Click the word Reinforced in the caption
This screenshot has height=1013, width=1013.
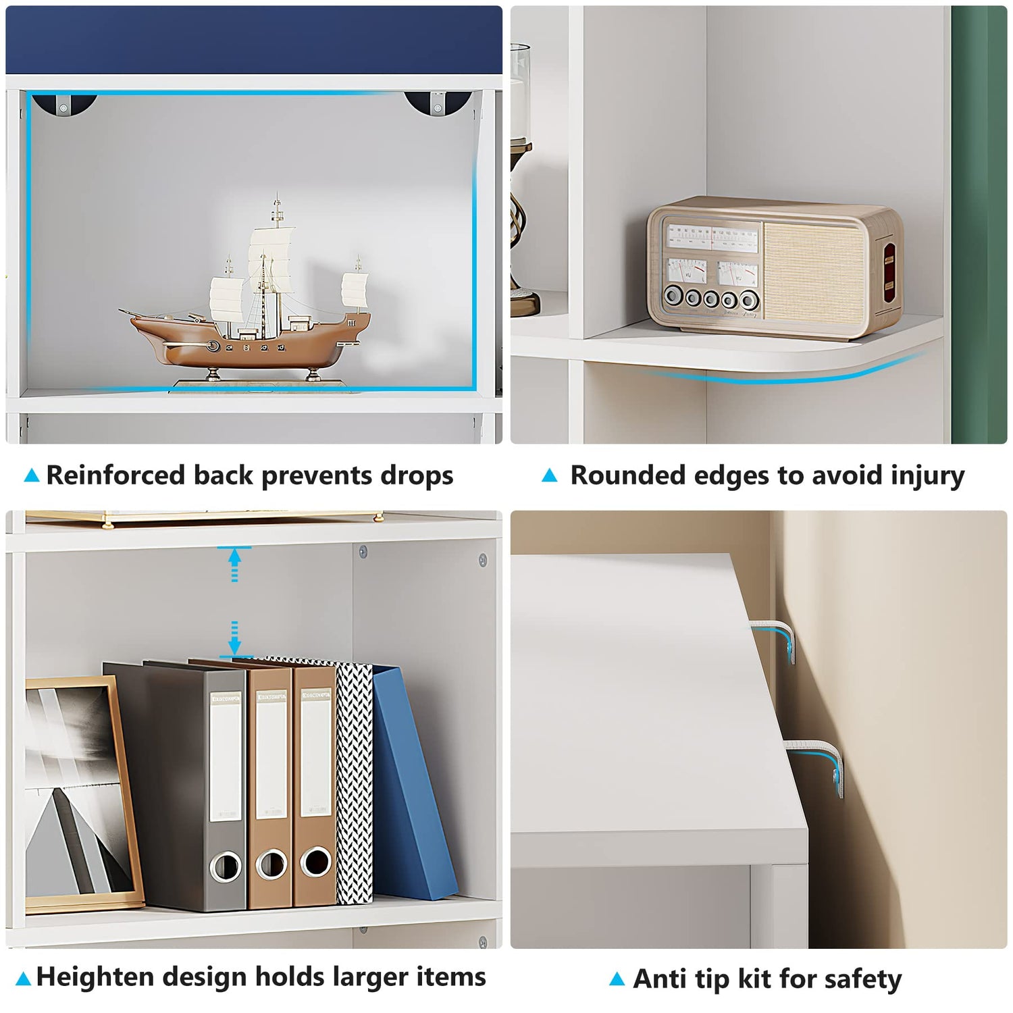115,475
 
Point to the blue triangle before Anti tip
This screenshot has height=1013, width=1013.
617,979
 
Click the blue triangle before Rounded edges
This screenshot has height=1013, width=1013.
550,475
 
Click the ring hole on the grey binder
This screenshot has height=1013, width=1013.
226,866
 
